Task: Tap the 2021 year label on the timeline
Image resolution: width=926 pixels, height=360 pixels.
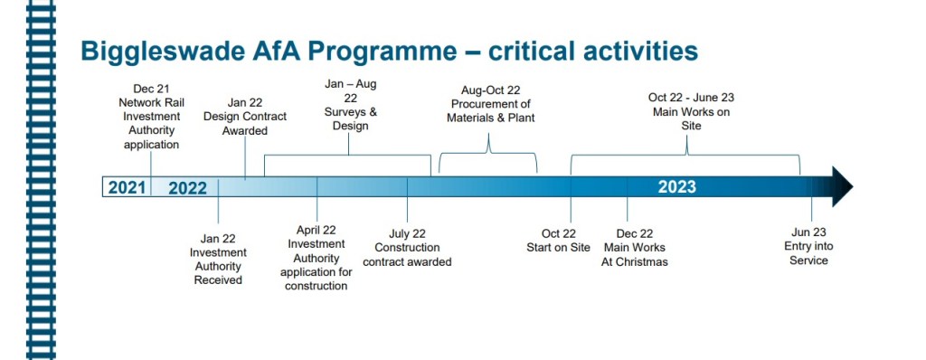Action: [x=127, y=187]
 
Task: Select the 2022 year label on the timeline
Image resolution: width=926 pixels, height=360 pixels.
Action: [x=188, y=188]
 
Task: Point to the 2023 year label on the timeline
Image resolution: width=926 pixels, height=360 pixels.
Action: [x=676, y=187]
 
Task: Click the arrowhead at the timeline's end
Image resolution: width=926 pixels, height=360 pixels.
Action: [x=842, y=187]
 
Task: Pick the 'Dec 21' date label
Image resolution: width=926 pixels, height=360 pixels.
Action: [x=151, y=89]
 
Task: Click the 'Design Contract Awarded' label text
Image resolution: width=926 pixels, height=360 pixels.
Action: [x=245, y=124]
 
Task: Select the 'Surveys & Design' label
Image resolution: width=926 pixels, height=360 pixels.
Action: [x=350, y=118]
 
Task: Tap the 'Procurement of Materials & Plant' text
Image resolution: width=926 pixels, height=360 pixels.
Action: [x=491, y=111]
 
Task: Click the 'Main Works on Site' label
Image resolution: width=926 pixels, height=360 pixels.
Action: [x=692, y=118]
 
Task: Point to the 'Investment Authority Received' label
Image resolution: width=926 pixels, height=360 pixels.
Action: [x=218, y=266]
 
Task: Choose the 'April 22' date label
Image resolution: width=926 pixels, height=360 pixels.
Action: [x=316, y=230]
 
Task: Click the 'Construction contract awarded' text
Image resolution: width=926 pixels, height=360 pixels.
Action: [x=407, y=255]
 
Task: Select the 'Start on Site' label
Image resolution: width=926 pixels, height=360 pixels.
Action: [x=558, y=248]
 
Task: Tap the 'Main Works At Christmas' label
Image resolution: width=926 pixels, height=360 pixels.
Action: [x=634, y=255]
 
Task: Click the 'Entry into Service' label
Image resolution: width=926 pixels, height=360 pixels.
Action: [x=808, y=253]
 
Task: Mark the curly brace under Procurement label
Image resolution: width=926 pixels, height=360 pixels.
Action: [x=488, y=153]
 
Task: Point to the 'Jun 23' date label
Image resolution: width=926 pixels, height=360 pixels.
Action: [x=808, y=232]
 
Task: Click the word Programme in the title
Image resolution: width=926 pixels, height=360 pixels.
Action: [x=383, y=52]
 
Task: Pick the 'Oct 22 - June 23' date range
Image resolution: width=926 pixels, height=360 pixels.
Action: [x=691, y=98]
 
